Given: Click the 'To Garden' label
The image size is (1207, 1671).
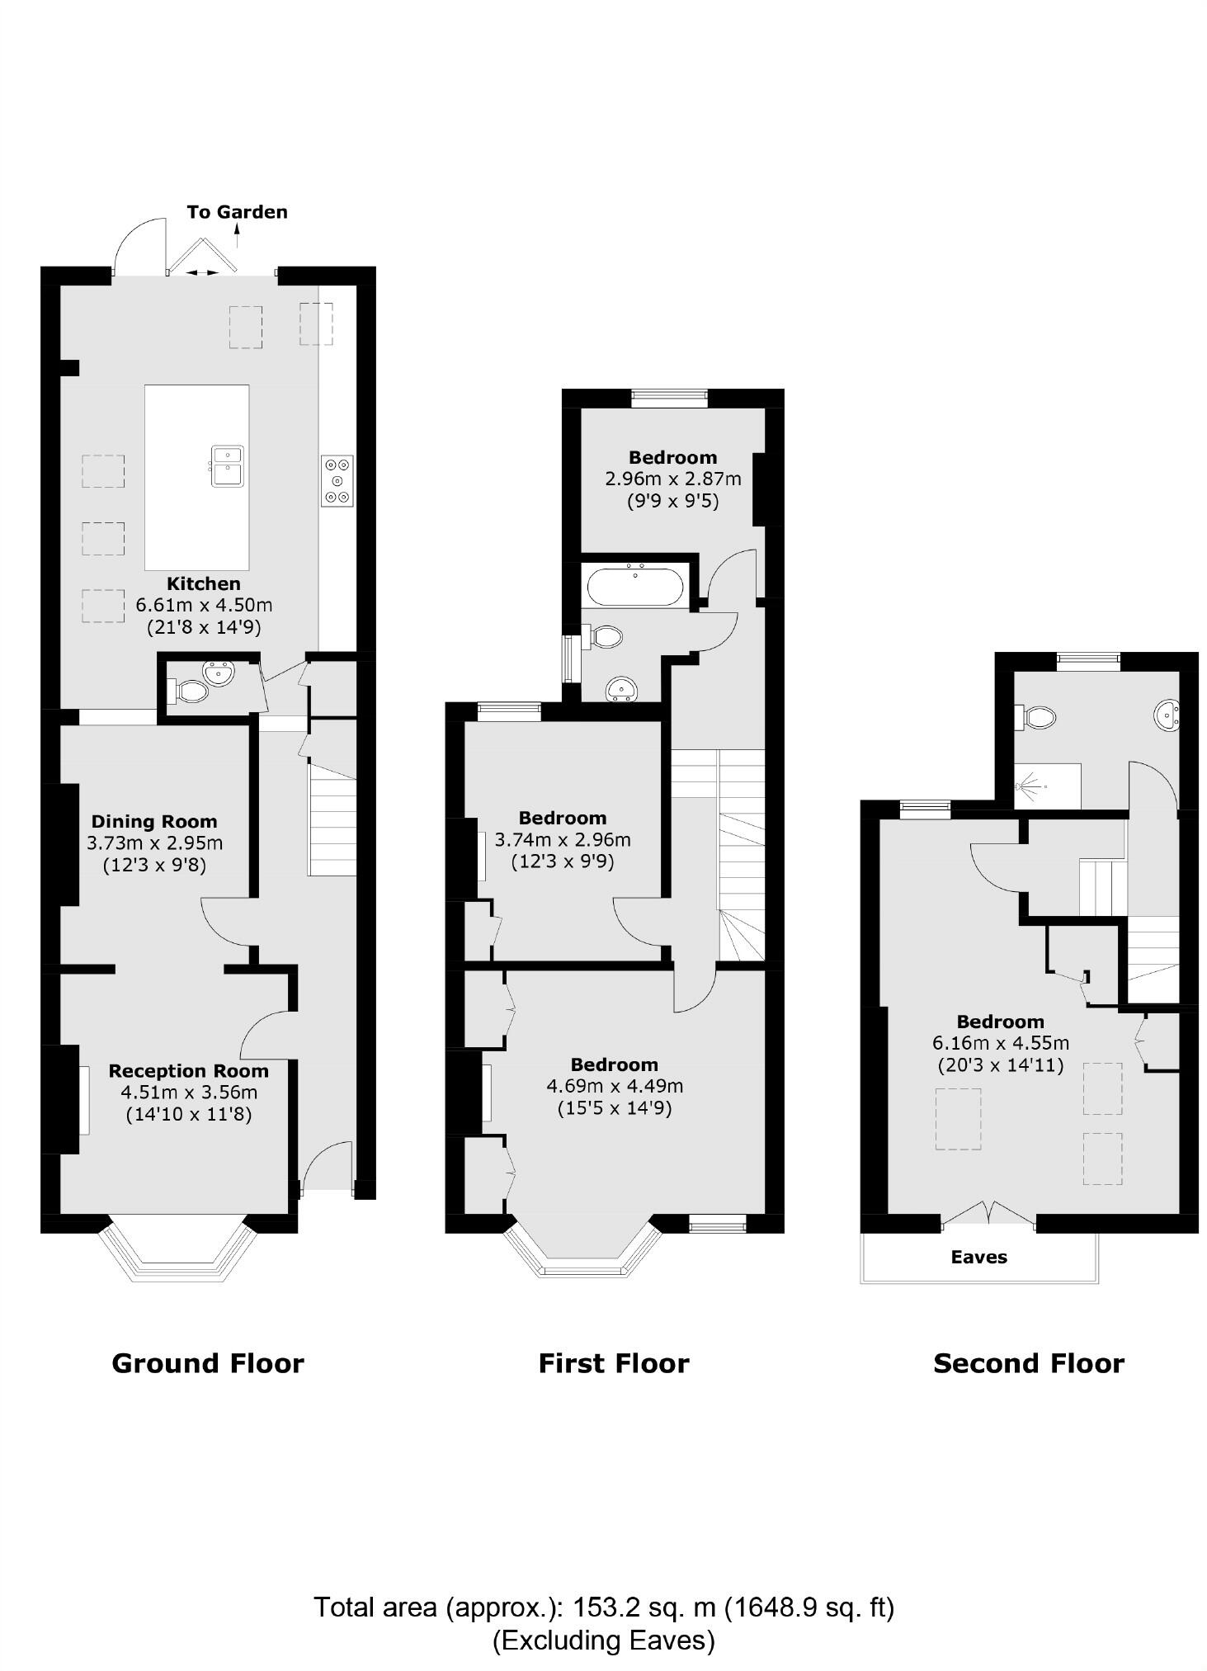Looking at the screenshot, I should point(237,212).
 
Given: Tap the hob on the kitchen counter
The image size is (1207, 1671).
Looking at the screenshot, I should point(337,480).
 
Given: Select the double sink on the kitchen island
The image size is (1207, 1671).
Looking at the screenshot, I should point(227,465).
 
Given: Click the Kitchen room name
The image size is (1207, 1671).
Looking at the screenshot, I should point(204,583).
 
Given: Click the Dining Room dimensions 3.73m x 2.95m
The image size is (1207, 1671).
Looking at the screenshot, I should point(154,843).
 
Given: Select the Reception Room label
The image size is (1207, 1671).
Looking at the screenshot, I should point(188,1070).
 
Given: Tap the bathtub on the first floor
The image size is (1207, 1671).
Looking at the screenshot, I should point(634,588).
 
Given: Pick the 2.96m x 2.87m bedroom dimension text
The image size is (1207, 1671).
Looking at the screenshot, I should point(672,479).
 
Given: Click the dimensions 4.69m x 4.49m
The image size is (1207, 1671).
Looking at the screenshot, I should point(614,1086).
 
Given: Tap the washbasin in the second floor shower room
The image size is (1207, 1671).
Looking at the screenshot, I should point(1167,715).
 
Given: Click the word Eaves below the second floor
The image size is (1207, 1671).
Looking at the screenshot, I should point(978,1257).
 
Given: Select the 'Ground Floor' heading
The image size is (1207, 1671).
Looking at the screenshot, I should point(208,1363).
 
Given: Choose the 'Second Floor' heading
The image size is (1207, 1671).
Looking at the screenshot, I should point(1028,1363).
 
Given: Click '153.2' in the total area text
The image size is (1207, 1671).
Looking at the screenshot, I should point(605,1607).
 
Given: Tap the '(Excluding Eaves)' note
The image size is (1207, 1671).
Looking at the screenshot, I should point(603,1639).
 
